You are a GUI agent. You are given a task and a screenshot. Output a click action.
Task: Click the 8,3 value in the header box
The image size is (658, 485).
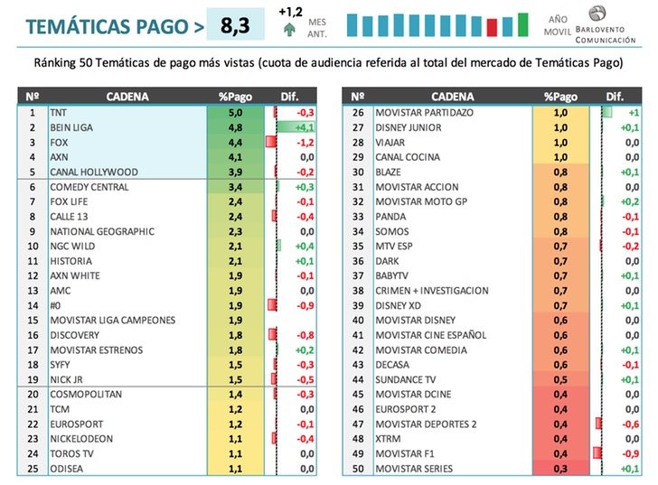[x=235, y=25]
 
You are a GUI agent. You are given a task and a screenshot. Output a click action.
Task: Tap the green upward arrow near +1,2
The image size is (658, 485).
[x=289, y=29]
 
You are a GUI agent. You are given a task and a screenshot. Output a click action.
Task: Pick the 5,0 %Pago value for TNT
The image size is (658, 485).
[x=236, y=113]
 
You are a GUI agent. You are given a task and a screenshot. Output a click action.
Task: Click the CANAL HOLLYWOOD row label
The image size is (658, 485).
[x=94, y=172]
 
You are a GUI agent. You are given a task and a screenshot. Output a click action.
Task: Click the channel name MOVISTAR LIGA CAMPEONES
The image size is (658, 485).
[x=113, y=320]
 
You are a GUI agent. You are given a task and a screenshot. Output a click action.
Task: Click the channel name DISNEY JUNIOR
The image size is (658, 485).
[x=409, y=127]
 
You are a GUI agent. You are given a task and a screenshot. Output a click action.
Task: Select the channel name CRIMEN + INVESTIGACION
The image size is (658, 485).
[x=432, y=291]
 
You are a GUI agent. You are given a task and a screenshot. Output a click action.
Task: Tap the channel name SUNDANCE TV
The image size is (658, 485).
[x=406, y=379]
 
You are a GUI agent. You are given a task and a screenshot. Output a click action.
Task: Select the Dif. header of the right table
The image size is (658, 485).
[x=616, y=96]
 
